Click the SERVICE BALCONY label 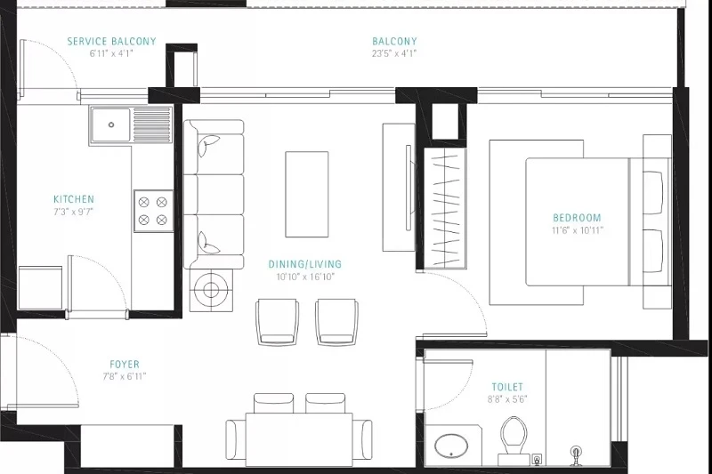pos(112,41)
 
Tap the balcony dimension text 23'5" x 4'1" pos(394,53)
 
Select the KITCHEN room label pos(74,199)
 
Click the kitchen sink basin pos(110,125)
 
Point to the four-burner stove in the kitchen pos(153,211)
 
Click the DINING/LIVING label pos(304,264)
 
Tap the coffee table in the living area pos(306,194)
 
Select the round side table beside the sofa pos(211,290)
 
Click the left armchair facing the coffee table pos(277,322)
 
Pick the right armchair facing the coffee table pos(336,322)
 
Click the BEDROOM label pos(577,218)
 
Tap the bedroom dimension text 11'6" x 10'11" pos(578,230)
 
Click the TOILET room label pos(507,387)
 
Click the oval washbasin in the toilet pos(451,446)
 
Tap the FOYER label pos(125,365)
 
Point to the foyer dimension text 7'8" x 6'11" pos(125,376)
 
